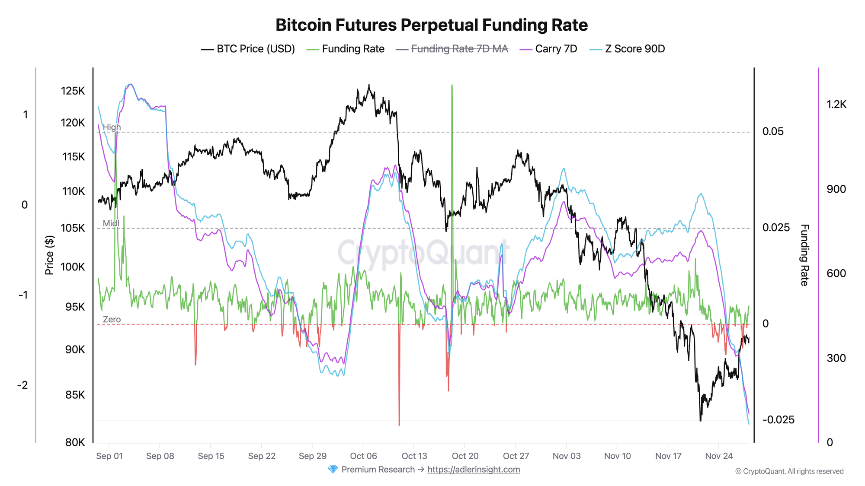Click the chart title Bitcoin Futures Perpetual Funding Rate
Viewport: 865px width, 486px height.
point(432,25)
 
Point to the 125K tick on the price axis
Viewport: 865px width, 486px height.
point(73,91)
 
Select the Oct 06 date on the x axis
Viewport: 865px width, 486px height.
point(363,456)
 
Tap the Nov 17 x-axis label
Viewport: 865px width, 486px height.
point(668,456)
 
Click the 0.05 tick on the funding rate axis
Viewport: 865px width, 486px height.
point(773,132)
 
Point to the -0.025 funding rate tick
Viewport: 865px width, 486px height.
point(778,420)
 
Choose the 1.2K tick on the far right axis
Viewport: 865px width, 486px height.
point(836,104)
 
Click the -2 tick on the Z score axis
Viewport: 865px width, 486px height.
point(22,385)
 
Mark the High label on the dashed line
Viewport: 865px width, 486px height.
point(112,127)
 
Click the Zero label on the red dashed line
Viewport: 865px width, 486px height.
point(112,320)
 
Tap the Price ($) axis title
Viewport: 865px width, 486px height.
point(50,255)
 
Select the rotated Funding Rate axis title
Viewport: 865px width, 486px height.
point(804,255)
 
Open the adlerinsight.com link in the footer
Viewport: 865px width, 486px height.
point(474,470)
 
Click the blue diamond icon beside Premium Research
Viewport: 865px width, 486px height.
point(333,470)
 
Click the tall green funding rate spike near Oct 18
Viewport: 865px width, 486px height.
point(452,130)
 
